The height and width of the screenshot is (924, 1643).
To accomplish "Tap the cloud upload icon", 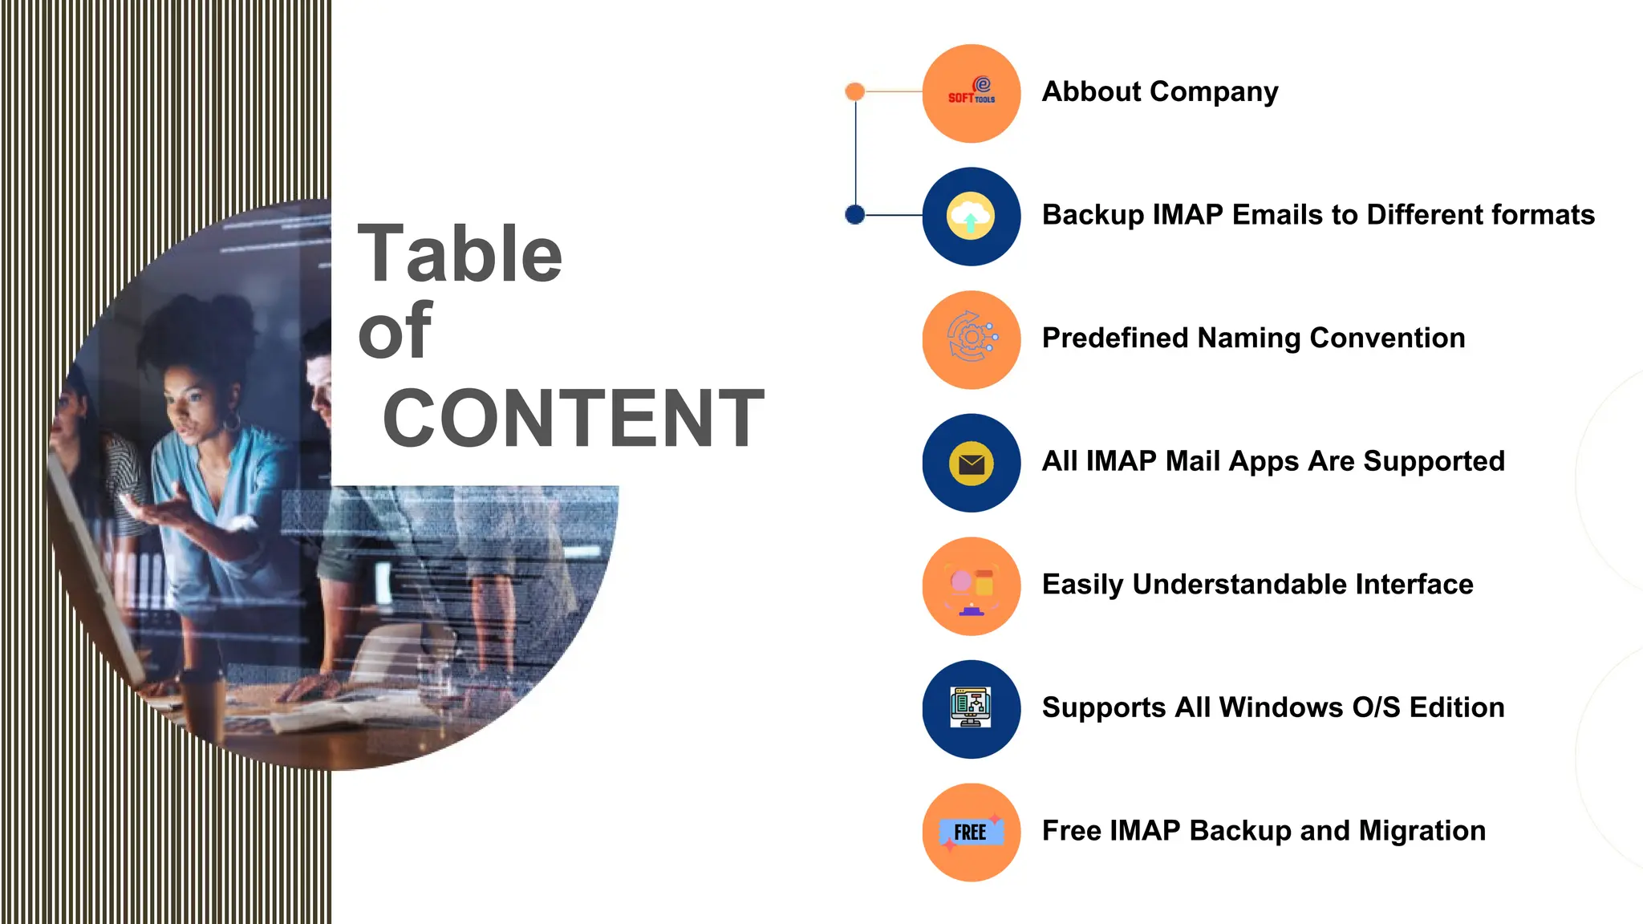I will pyautogui.click(x=972, y=217).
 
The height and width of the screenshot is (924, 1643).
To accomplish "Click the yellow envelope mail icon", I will pyautogui.click(x=972, y=464).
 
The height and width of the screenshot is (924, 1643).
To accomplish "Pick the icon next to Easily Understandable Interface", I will pyautogui.click(x=972, y=586).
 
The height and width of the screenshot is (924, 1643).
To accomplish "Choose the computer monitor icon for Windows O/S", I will pyautogui.click(x=971, y=708).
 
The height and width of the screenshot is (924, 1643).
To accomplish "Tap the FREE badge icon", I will pyautogui.click(x=971, y=833).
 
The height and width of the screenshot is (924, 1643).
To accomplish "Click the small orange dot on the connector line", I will pyautogui.click(x=855, y=91).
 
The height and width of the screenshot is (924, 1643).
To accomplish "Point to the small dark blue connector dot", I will pyautogui.click(x=855, y=214).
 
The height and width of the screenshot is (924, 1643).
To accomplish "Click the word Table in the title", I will pyautogui.click(x=460, y=254).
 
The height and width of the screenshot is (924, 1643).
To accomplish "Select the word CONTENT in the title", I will pyautogui.click(x=574, y=418).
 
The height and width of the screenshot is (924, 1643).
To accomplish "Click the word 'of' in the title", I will pyautogui.click(x=395, y=330).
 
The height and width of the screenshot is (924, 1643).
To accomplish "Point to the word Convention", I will pyautogui.click(x=1387, y=338).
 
